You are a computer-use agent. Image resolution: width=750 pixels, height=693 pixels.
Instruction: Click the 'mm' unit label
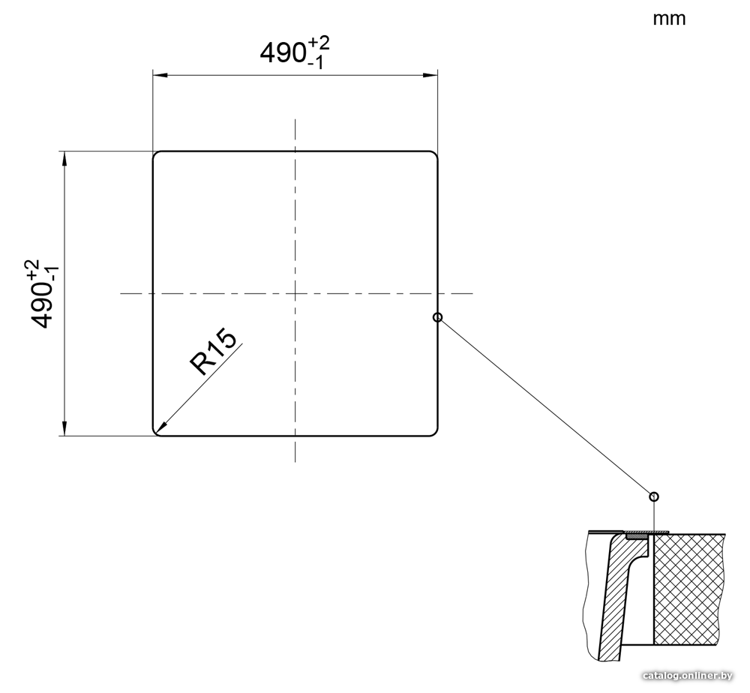click(669, 19)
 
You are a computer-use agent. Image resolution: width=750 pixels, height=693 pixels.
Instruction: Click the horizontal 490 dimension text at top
click(295, 52)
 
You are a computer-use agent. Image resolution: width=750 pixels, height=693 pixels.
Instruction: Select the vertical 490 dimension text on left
click(41, 294)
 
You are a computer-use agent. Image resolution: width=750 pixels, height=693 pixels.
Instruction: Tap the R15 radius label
click(213, 352)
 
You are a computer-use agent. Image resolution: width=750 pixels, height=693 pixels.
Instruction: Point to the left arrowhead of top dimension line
click(159, 75)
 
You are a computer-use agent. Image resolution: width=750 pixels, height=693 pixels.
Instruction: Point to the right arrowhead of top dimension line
click(430, 75)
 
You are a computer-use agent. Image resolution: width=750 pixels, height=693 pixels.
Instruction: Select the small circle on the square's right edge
click(437, 317)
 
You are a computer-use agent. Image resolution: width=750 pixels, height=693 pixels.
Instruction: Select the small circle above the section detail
click(654, 496)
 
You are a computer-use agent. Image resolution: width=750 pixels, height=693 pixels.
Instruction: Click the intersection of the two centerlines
click(295, 293)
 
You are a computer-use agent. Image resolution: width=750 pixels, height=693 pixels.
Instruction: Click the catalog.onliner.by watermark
click(687, 675)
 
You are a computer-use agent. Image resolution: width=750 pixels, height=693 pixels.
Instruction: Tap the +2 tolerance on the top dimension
click(319, 43)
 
